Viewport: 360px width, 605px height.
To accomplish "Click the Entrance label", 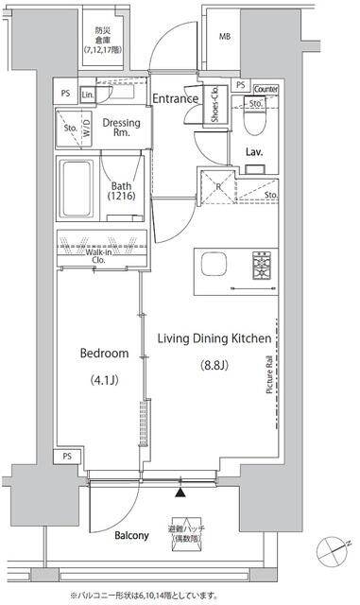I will pos(175,98).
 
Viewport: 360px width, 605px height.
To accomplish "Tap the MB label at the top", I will pos(225,37).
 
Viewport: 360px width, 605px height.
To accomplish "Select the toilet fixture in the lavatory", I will pos(253,122).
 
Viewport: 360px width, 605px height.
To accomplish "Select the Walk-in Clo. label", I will pos(101,255).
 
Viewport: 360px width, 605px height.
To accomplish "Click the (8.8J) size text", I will pos(214,366).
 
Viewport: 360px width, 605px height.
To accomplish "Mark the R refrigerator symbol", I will pos(218,185).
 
